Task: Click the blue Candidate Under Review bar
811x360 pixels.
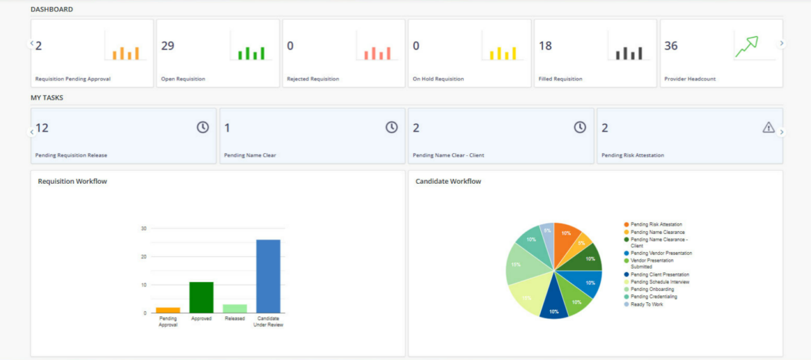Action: click(x=268, y=276)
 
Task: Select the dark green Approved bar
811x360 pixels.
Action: click(x=201, y=297)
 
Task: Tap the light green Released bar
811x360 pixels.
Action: click(x=234, y=309)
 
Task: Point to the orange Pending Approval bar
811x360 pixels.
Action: click(x=168, y=310)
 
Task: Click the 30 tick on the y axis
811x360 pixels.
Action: click(x=144, y=228)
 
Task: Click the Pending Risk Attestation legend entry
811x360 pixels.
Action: click(x=656, y=224)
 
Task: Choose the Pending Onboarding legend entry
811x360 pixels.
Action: click(x=652, y=289)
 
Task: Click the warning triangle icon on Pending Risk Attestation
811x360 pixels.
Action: click(x=768, y=127)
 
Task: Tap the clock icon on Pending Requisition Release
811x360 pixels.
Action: click(x=202, y=127)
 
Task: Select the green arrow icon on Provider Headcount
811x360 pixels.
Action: click(x=746, y=47)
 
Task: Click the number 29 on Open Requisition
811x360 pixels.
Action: click(x=168, y=46)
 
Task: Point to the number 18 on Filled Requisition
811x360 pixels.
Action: click(x=546, y=46)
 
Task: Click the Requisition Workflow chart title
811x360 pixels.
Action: click(x=72, y=181)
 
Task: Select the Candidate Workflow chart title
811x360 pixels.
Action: click(x=448, y=181)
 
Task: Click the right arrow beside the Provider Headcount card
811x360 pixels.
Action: click(x=782, y=43)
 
